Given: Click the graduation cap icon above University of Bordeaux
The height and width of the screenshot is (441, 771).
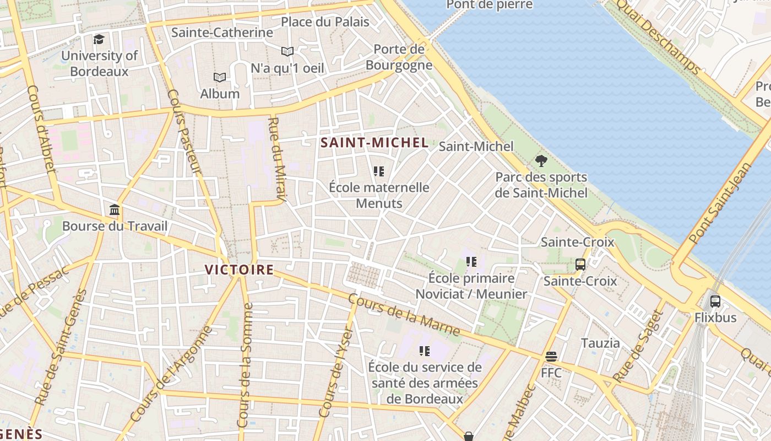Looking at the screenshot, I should [x=99, y=39].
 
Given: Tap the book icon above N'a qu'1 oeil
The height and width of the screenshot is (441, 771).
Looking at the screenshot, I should [x=287, y=52].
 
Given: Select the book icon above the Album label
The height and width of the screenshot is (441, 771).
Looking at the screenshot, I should [x=220, y=77].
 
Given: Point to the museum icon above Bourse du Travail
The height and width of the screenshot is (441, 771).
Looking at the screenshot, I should [x=115, y=209].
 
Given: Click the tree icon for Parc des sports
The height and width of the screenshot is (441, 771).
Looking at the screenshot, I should [x=541, y=161].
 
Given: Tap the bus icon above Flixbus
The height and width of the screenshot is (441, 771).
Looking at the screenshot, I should [x=715, y=301].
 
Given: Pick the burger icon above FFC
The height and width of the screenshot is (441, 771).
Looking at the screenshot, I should [x=551, y=357].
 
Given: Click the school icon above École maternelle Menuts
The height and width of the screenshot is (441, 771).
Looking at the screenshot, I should [x=378, y=171].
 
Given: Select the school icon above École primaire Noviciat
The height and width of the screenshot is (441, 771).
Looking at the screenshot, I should [x=471, y=262].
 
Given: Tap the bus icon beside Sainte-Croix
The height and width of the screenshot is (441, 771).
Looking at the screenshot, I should [x=580, y=265].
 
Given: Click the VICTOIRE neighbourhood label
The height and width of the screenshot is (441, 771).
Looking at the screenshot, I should [x=239, y=270].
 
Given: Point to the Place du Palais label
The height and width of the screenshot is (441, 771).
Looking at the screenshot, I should [x=325, y=22].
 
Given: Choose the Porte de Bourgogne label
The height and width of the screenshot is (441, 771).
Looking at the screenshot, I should [x=399, y=57].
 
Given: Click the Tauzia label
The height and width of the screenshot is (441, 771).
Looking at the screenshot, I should [x=600, y=343].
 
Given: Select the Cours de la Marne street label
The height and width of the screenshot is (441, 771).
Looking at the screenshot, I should [x=404, y=315].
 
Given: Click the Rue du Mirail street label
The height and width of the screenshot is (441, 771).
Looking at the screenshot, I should [x=278, y=159].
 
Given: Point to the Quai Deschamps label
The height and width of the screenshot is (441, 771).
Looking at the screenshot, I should [x=658, y=37].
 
